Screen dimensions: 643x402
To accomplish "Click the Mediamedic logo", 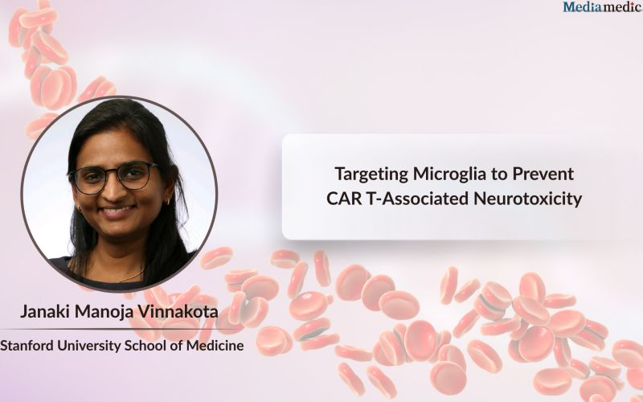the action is pyautogui.click(x=603, y=6).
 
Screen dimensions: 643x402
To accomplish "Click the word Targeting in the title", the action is pyautogui.click(x=371, y=174).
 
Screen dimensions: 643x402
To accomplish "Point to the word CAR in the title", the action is pyautogui.click(x=344, y=199).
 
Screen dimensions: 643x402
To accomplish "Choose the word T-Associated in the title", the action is pyautogui.click(x=418, y=199).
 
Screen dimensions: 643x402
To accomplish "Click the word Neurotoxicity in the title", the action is pyautogui.click(x=528, y=199).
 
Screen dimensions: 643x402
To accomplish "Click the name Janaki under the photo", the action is pyautogui.click(x=45, y=312).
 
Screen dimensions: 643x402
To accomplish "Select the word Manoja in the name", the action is pyautogui.click(x=104, y=312).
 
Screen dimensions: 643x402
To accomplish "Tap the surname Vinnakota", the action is pyautogui.click(x=178, y=312).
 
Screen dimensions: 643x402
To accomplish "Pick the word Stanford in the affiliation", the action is pyautogui.click(x=27, y=346).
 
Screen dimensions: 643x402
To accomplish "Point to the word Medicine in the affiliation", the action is pyautogui.click(x=215, y=346).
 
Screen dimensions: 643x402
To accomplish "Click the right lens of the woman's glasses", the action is pyautogui.click(x=134, y=175).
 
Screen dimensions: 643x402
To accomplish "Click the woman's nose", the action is pyautogui.click(x=114, y=192).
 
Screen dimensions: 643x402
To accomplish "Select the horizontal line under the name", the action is pyautogui.click(x=119, y=329).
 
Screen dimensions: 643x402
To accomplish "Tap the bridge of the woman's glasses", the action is pyautogui.click(x=113, y=174).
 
